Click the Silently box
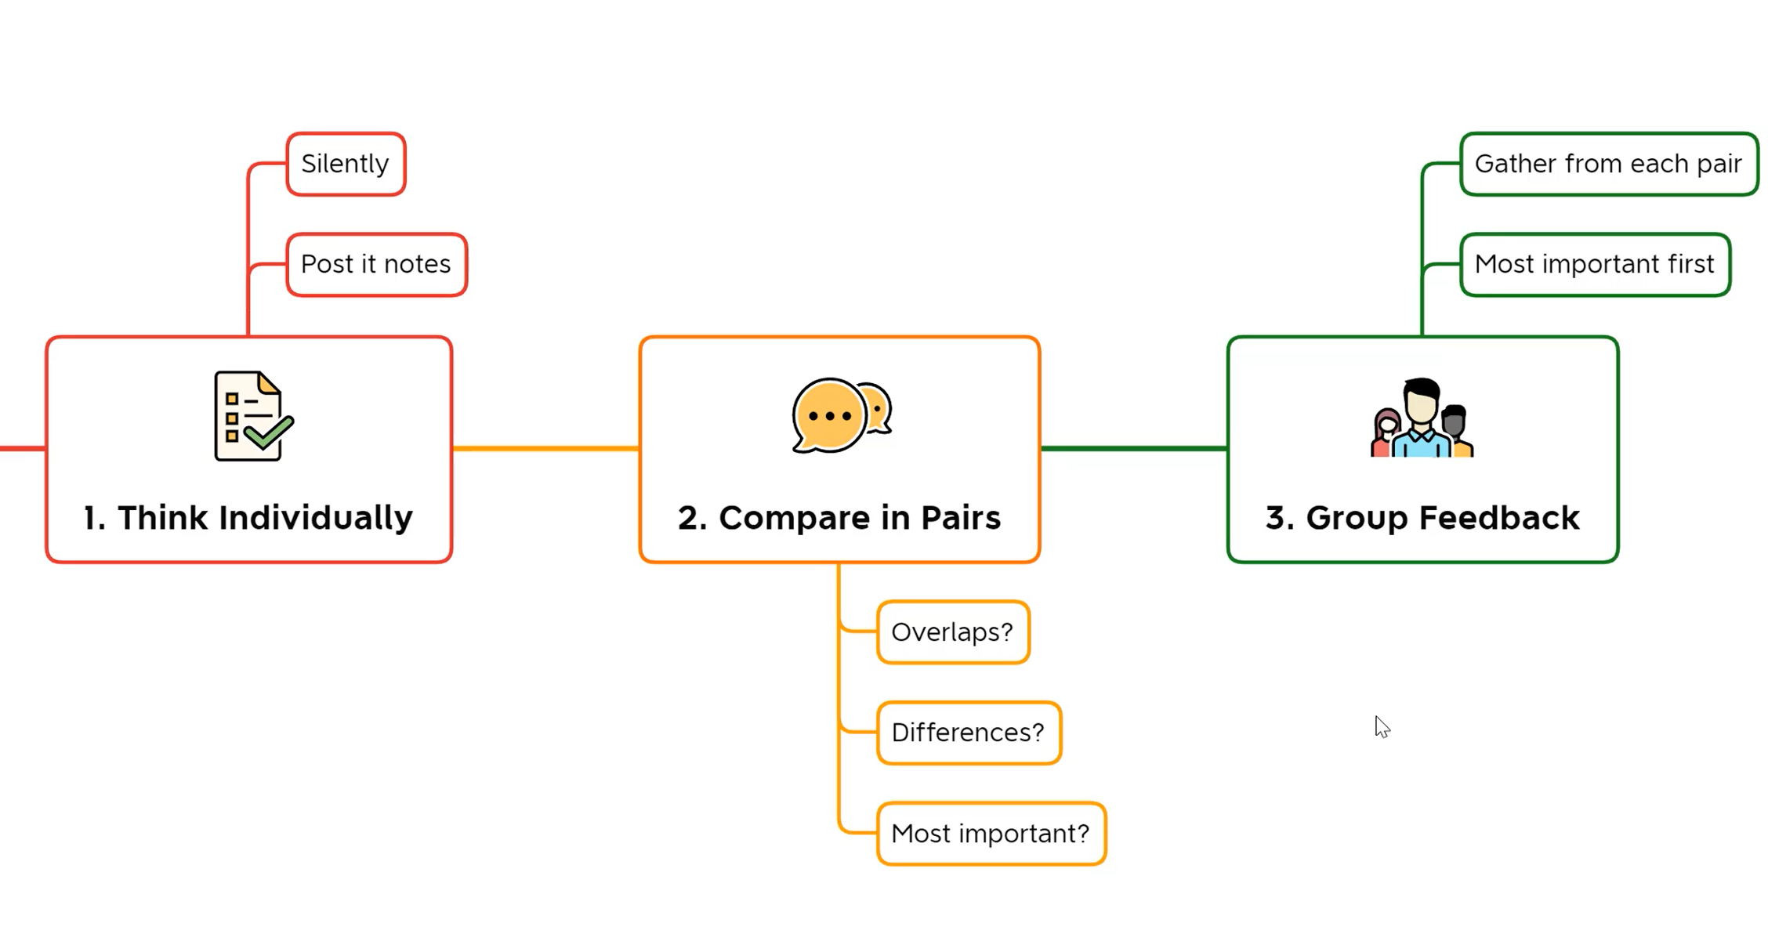pos(346,164)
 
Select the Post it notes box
pos(376,265)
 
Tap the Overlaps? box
pos(952,632)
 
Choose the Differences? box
pos(969,733)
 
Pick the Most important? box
pos(991,834)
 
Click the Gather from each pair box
pos(1608,164)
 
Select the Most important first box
pos(1594,265)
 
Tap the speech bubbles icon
pos(841,415)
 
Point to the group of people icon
pos(1422,418)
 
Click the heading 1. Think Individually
pos(248,518)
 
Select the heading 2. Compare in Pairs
pos(839,518)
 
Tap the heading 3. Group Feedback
pos(1422,518)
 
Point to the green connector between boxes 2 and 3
pos(1133,449)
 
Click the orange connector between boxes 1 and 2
pos(545,449)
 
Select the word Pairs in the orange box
pos(961,518)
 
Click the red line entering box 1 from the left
pos(22,449)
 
